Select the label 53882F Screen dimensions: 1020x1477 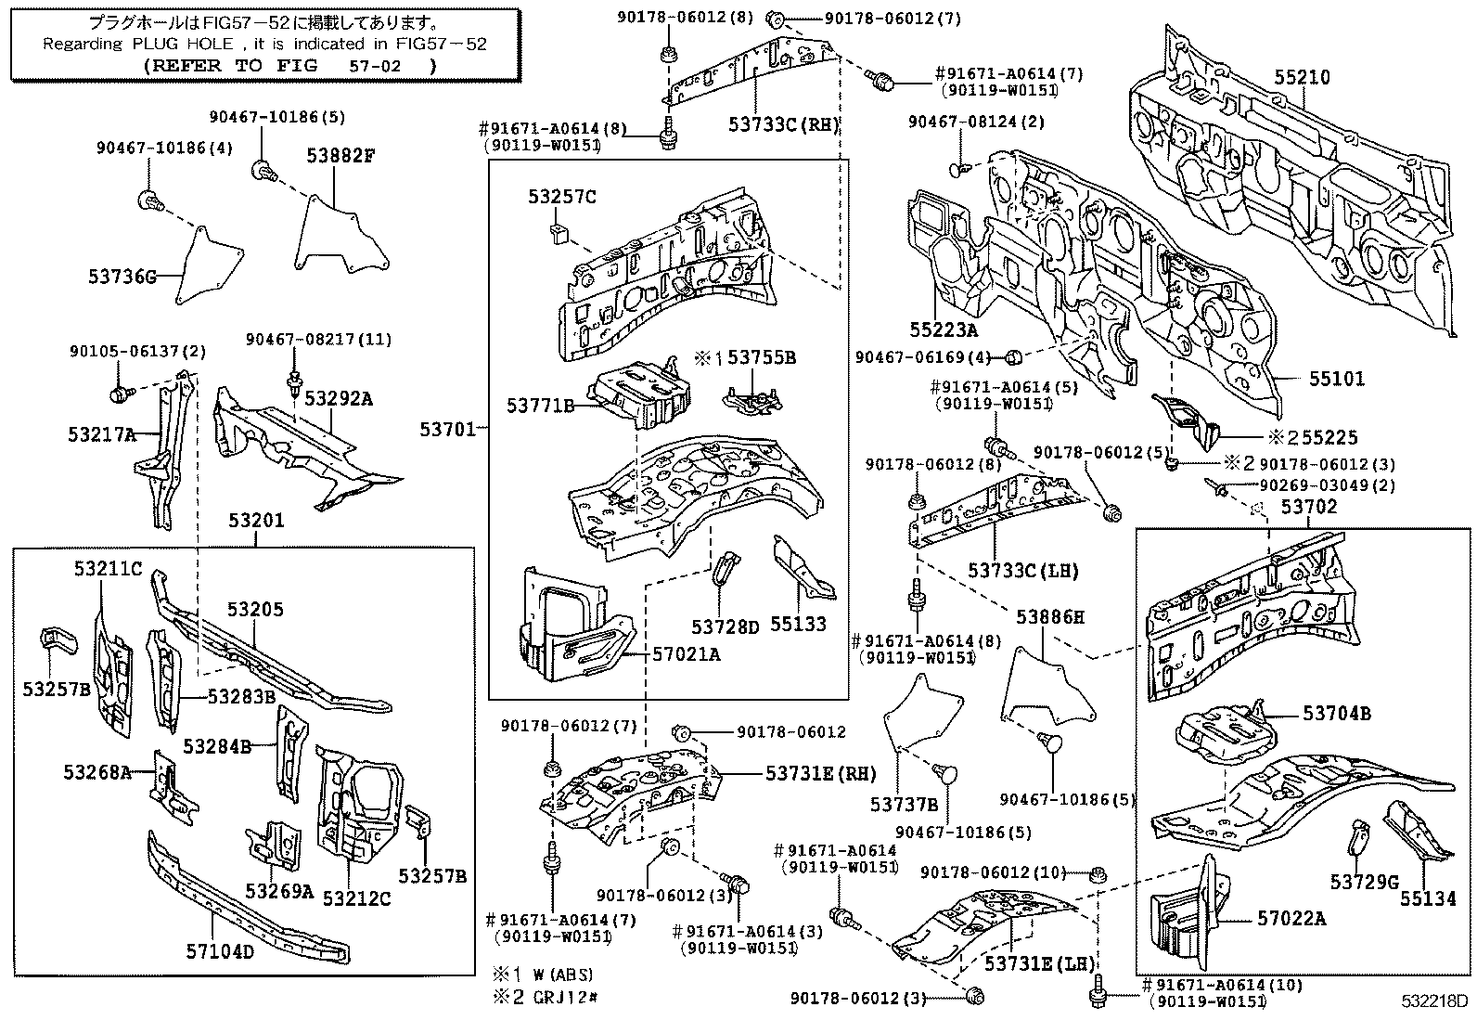[340, 156]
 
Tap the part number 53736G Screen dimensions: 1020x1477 [122, 276]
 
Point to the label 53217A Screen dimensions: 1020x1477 [100, 433]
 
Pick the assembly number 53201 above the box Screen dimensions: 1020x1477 [256, 521]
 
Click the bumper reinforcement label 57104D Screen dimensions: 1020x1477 [220, 951]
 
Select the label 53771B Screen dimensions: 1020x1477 [540, 405]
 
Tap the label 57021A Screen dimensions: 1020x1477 [685, 653]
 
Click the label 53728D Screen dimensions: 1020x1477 [725, 626]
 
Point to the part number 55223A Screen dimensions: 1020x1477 [944, 329]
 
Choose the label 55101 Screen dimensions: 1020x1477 [1337, 379]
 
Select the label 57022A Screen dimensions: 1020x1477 [1291, 919]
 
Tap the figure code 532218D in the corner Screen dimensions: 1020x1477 [1434, 1003]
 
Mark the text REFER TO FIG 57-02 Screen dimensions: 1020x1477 [289, 66]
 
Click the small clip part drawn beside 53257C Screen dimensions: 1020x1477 [559, 233]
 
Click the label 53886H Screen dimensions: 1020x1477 [1050, 616]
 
